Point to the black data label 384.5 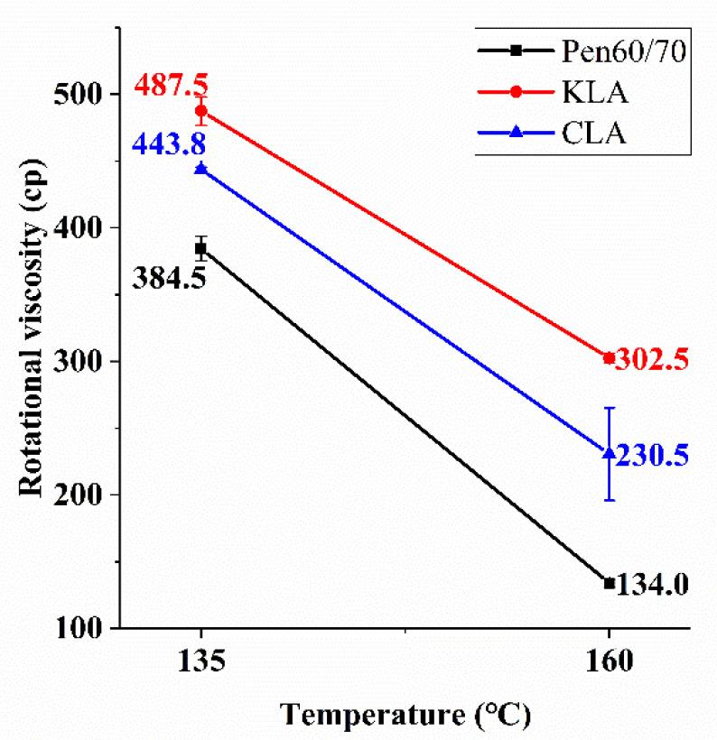171,277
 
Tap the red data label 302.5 653,360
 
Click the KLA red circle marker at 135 200,111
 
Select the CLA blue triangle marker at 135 200,169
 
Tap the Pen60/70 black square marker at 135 200,248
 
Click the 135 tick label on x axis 200,661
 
